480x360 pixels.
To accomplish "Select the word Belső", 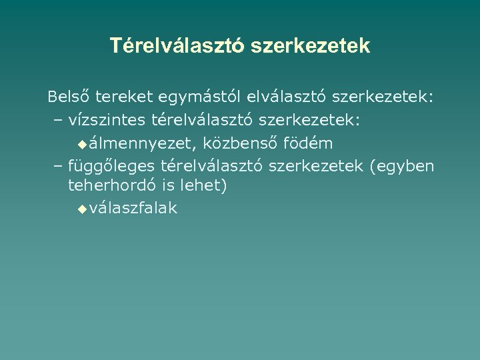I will click(x=69, y=98).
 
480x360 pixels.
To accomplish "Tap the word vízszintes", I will click(x=107, y=121).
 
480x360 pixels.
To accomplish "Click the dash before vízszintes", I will click(x=56, y=121).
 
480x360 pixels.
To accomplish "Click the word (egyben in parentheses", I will click(x=402, y=165).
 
